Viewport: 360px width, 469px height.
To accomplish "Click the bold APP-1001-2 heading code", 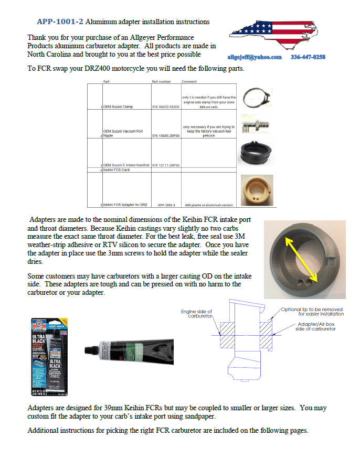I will pyautogui.click(x=60, y=22).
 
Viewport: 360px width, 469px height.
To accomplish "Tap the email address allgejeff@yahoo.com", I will pyautogui.click(x=255, y=57).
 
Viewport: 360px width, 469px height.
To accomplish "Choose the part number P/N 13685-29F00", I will pyautogui.click(x=166, y=135).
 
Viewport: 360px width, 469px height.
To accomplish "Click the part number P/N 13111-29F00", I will pyautogui.click(x=166, y=165).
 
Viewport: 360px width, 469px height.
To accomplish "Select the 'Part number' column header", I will pyautogui.click(x=161, y=82).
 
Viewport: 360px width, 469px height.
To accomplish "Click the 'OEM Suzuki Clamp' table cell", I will pyautogui.click(x=118, y=106).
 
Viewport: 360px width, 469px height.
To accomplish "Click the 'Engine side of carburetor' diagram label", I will pyautogui.click(x=196, y=314).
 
